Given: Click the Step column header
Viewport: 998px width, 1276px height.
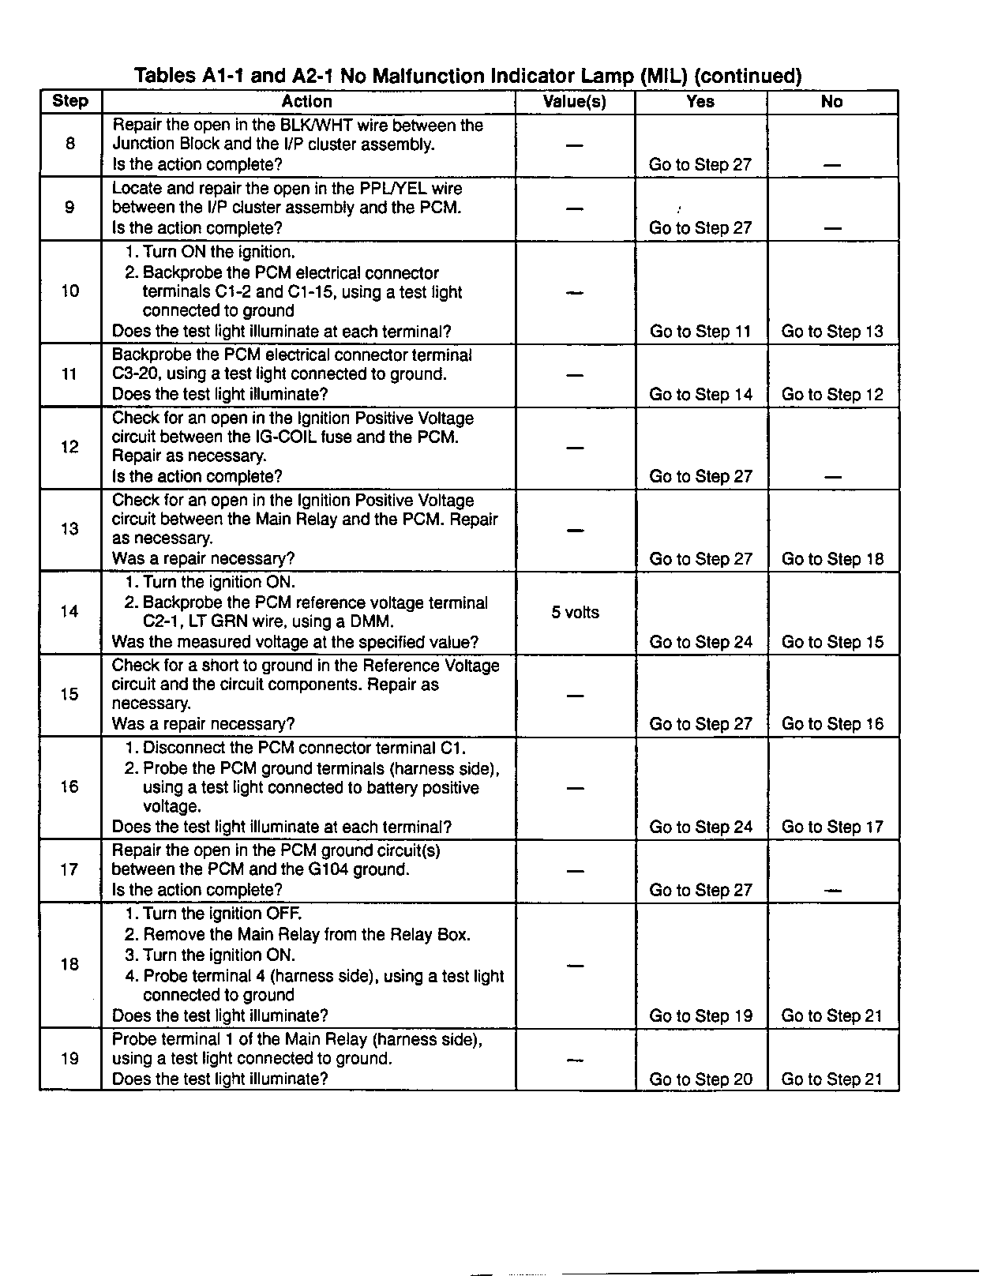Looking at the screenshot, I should [x=70, y=101].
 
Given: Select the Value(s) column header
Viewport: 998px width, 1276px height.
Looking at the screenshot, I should [x=575, y=102].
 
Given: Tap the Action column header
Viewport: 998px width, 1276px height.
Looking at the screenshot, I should [x=307, y=102].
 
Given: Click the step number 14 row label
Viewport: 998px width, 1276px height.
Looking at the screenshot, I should [x=70, y=611].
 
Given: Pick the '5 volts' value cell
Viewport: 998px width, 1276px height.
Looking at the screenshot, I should [x=575, y=613].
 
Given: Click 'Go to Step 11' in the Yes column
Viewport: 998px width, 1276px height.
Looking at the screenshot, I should [x=700, y=332].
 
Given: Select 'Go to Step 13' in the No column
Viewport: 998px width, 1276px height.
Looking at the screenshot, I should [x=832, y=332].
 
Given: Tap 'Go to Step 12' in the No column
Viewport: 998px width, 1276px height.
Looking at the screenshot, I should [x=832, y=395].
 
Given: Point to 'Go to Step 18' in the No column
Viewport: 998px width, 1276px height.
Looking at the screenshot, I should [x=832, y=559].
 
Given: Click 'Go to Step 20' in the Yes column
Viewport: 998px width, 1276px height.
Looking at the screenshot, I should [x=700, y=1079].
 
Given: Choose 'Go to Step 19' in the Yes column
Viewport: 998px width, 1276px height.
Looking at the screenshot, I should [x=700, y=1016].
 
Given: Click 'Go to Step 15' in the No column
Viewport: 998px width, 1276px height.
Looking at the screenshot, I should [x=832, y=642].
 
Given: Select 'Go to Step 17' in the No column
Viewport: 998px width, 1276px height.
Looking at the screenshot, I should [x=832, y=827].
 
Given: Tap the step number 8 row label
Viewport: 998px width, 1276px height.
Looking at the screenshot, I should [x=70, y=144].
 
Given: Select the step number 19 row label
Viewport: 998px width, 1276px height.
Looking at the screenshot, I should [x=70, y=1058].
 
